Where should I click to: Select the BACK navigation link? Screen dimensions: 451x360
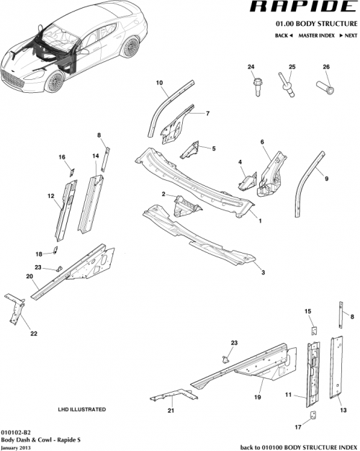[x=282, y=35]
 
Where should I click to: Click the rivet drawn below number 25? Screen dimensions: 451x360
[x=288, y=89]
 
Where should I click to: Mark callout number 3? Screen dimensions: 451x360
[x=263, y=272]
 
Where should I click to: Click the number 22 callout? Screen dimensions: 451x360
[x=33, y=333]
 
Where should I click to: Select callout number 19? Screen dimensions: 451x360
[x=257, y=396]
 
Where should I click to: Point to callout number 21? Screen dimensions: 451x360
[x=171, y=411]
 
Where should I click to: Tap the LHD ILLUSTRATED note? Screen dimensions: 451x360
[x=81, y=409]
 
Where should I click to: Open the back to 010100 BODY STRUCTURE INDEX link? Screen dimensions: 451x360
[x=298, y=446]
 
